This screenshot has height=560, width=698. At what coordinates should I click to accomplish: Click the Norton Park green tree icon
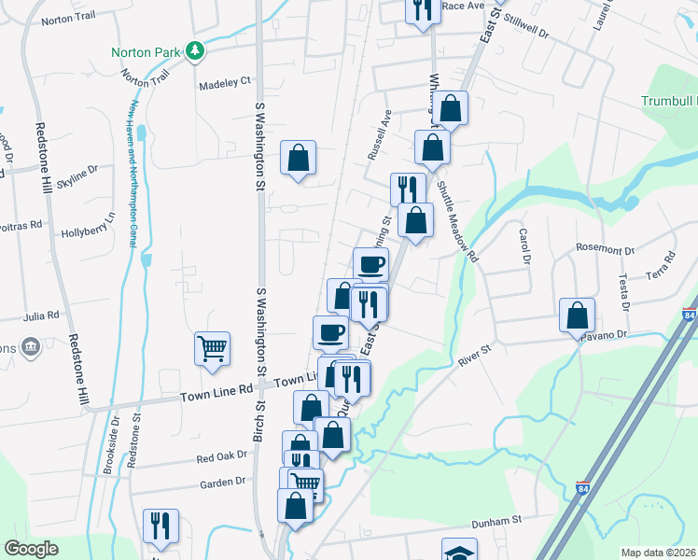(195, 50)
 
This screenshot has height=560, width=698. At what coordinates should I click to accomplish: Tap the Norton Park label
(145, 52)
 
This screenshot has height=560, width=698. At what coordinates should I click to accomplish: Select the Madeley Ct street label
(225, 82)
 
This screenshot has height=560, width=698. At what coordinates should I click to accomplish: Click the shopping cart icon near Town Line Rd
(212, 349)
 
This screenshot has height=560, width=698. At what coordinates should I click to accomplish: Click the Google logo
(32, 549)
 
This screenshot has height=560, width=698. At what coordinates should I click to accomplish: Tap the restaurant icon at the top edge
(423, 9)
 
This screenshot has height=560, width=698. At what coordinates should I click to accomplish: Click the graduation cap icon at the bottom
(459, 552)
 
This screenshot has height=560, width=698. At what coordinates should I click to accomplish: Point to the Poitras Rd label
(21, 225)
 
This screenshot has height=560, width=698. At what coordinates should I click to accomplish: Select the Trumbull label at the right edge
(669, 101)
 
